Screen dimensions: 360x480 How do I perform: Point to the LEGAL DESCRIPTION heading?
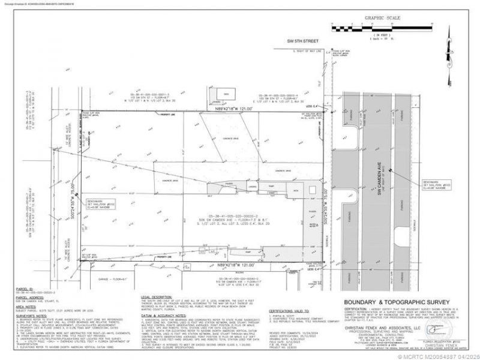pos(158,297)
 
